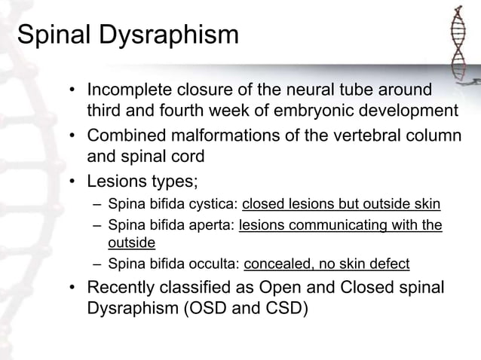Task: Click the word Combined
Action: pyautogui.click(x=127, y=139)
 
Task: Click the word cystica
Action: pyautogui.click(x=216, y=205)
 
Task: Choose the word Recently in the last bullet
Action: pyautogui.click(x=124, y=288)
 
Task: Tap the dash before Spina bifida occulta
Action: pyautogui.click(x=96, y=264)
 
